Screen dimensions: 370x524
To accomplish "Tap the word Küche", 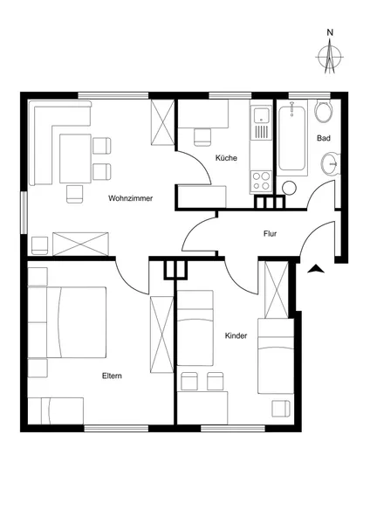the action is click(x=226, y=158).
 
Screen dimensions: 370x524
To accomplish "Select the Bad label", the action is click(x=324, y=138).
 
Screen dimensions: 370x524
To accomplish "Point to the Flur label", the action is click(x=270, y=233).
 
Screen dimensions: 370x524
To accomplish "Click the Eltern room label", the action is click(x=112, y=376).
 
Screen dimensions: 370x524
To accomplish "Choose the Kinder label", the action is click(x=236, y=335).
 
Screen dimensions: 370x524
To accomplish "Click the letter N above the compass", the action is click(x=330, y=32).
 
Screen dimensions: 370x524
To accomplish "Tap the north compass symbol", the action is click(x=330, y=56).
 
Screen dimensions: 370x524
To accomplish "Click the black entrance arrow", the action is click(x=316, y=269).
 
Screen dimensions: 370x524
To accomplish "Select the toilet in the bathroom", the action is click(x=324, y=110).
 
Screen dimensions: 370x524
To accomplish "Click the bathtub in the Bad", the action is click(x=291, y=137).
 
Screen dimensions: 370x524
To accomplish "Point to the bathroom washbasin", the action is click(x=330, y=163).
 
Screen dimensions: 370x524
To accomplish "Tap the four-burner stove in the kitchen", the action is click(x=261, y=181).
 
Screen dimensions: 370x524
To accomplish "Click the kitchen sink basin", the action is click(x=262, y=115).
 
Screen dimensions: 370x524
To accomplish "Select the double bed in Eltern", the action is click(x=77, y=321).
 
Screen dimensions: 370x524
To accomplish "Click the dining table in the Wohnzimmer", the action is click(x=75, y=158).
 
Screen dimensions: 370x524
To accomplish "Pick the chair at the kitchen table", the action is click(x=202, y=137).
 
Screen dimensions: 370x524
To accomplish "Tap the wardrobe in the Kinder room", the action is click(x=276, y=290).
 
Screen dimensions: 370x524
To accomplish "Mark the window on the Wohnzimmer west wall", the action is click(x=24, y=212).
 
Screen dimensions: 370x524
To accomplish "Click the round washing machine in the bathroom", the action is click(x=289, y=188).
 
